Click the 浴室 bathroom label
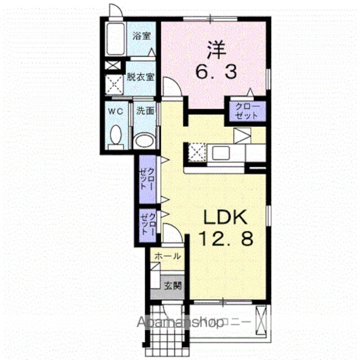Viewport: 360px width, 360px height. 141,37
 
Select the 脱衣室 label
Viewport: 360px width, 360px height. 140,77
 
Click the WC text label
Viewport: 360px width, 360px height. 115,111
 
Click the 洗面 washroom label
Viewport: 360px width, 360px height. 145,111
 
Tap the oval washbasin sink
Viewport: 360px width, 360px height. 146,140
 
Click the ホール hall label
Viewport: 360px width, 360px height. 167,256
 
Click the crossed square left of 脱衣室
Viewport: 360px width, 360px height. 115,84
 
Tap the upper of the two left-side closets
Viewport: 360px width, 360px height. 148,178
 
